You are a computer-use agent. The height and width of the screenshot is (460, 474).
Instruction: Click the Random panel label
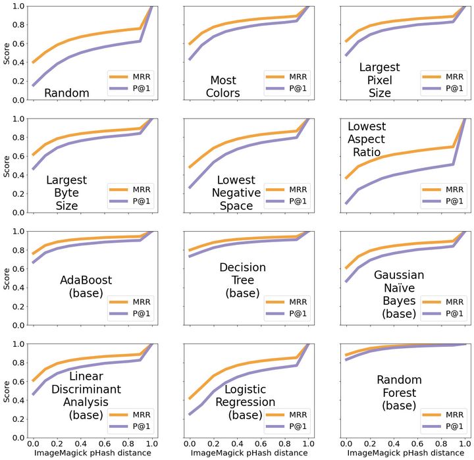pos(66,93)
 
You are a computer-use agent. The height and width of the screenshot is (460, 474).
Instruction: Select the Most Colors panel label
pos(223,86)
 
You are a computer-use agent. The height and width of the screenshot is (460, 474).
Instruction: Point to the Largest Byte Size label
pos(66,192)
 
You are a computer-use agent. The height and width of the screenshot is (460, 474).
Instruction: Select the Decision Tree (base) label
pos(244,280)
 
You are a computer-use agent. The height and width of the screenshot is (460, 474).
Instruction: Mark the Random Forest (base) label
pos(399,393)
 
